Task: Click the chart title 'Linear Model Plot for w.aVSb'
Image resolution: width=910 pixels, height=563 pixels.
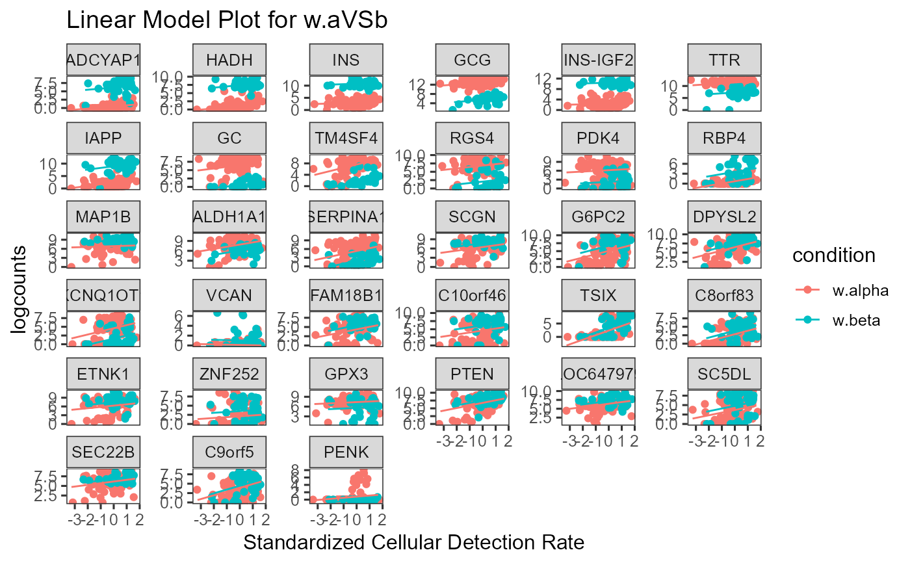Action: (x=227, y=21)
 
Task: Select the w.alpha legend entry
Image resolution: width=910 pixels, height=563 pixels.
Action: (x=851, y=291)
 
